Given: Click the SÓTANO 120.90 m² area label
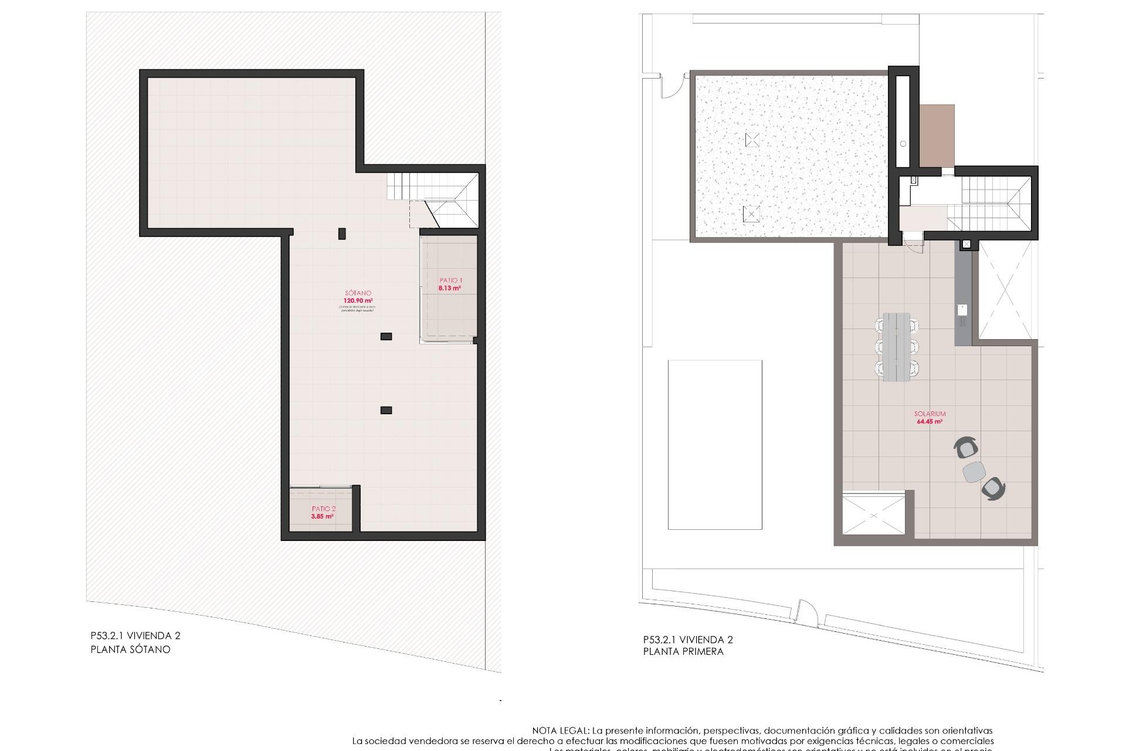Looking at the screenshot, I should coord(357,297).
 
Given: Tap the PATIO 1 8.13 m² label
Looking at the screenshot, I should coord(450,285).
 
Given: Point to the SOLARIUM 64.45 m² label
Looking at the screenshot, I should coord(930,417).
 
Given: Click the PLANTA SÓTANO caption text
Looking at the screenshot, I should coord(130,649).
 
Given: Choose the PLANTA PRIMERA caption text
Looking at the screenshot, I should coord(683,651).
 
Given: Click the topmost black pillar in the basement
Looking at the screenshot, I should coord(342,234).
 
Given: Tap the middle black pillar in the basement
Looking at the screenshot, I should coord(386,336).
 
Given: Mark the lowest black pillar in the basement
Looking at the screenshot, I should coord(386,410).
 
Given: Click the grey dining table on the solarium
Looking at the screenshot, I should coord(897,347).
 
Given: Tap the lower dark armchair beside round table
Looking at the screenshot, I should coord(993,489).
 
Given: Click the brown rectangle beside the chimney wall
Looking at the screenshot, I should coord(937,136).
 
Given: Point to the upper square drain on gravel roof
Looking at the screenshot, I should coord(752,140).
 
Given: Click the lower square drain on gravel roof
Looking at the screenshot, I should coord(751,214).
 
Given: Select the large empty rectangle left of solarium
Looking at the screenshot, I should coord(715,444).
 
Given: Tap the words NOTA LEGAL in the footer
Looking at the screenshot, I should coord(560,731).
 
